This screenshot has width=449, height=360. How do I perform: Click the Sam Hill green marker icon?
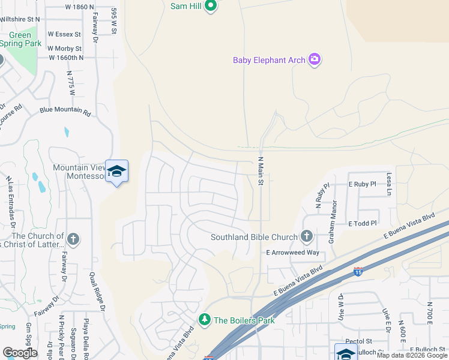pos(210,7)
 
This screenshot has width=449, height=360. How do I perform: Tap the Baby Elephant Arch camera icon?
pos(314,59)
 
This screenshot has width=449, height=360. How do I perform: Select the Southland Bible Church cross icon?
pos(307,236)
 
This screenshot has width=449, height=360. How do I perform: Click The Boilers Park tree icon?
pos(205,319)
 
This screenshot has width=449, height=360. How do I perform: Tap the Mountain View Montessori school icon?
pos(116,172)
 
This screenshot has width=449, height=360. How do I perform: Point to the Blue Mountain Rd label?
pos(65,112)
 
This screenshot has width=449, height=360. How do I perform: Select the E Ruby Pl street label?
pos(363,184)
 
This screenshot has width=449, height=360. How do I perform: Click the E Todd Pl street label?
pos(362,223)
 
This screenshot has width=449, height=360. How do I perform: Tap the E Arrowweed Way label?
pos(294,253)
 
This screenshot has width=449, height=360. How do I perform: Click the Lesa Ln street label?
pos(389,184)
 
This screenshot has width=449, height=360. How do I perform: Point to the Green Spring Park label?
pos(19,40)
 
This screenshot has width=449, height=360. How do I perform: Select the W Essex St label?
pos(67,35)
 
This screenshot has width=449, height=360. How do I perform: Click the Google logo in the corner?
pos(19,352)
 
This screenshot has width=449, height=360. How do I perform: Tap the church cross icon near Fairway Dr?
pos(73,239)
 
